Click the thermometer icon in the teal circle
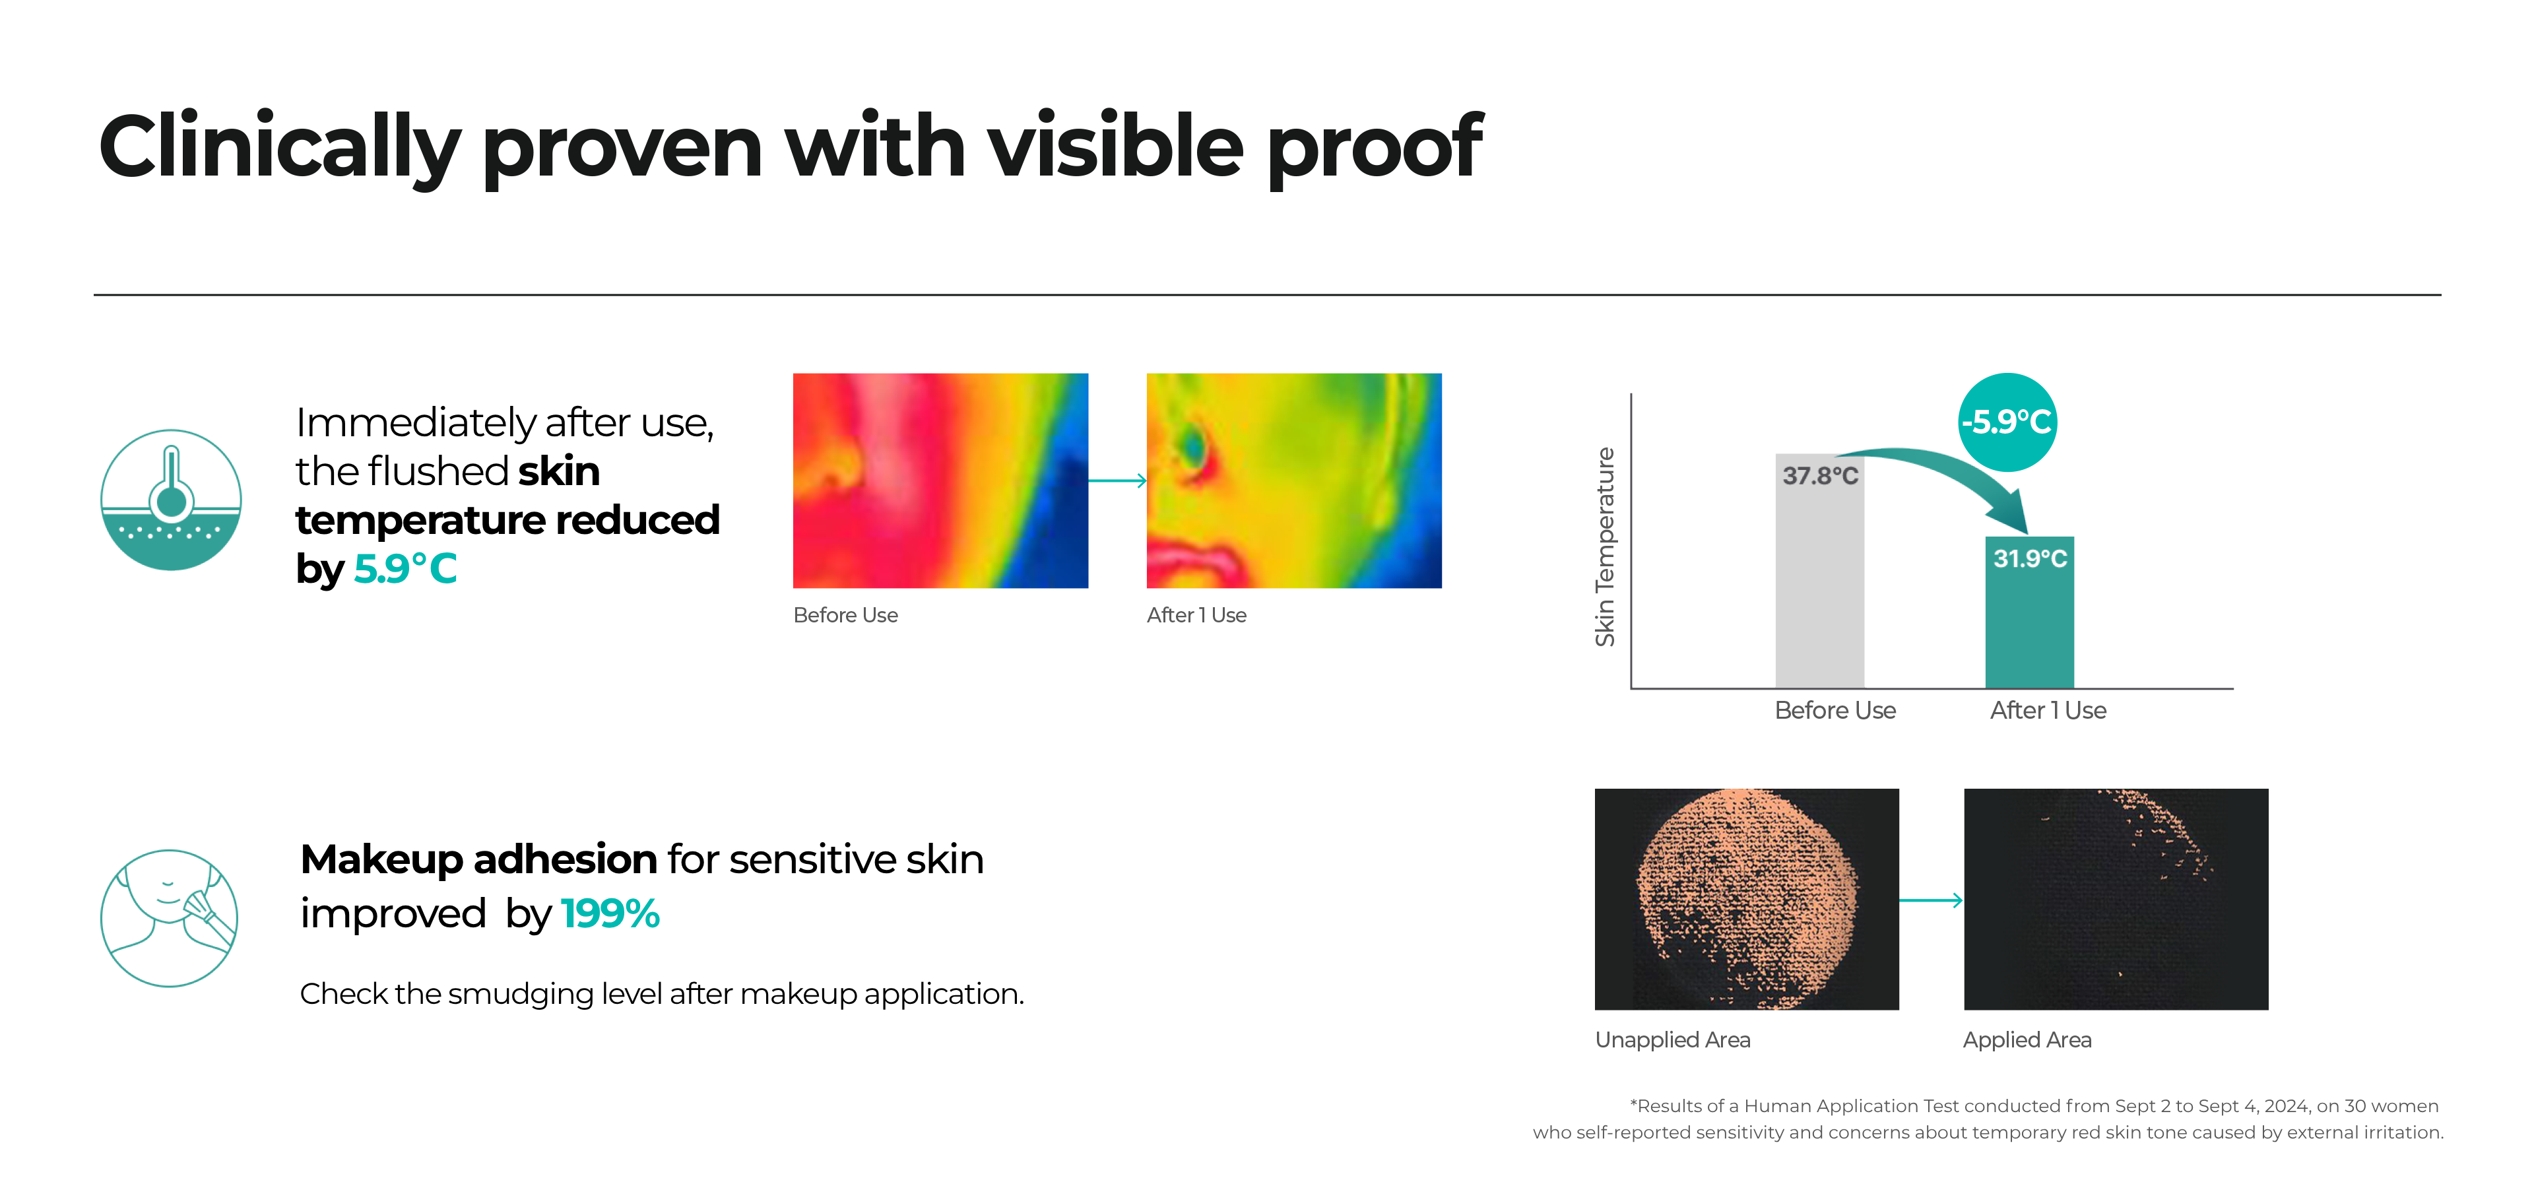pos(171,500)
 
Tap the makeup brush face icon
pos(169,917)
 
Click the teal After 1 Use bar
pos(2029,612)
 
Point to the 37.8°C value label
pos(1820,476)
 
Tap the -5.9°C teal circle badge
pos(2007,422)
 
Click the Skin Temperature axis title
pos(1604,546)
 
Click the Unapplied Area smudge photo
pos(1746,899)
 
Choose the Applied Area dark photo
pos(2116,899)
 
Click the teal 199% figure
pos(610,913)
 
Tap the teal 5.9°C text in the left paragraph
pos(405,568)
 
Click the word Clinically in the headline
pos(279,148)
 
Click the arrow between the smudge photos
pos(1931,900)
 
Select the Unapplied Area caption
pos(1672,1040)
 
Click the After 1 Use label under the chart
pos(2048,710)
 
